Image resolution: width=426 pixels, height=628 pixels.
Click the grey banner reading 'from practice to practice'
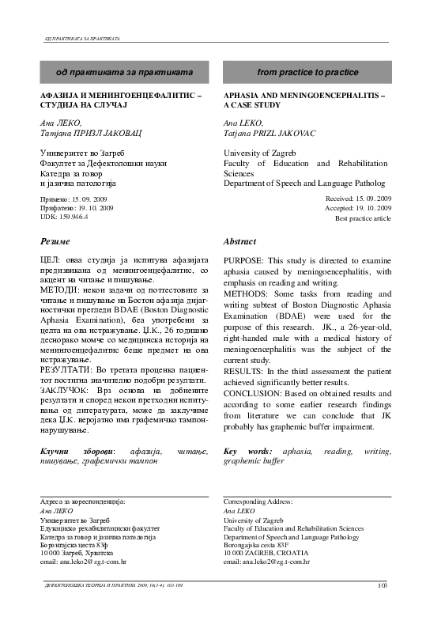tap(307, 72)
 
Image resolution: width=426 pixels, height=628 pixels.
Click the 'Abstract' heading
tap(240, 240)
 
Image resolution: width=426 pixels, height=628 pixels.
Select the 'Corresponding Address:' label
tap(258, 501)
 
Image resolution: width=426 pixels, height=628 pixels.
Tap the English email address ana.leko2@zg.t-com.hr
tap(266, 561)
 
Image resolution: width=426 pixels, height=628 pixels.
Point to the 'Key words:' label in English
tap(243, 451)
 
